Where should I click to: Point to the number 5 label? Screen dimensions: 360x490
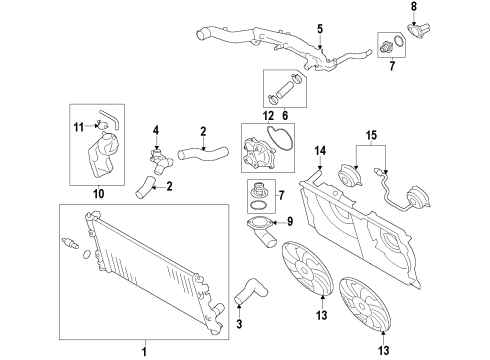[319, 29]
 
